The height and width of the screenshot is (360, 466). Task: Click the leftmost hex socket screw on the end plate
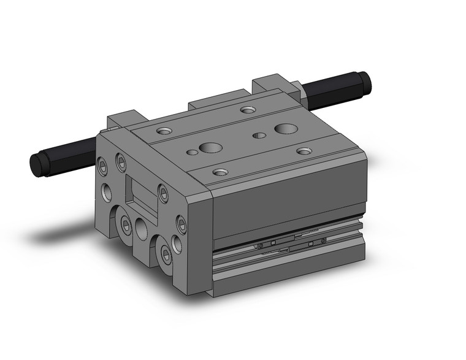[x=102, y=164]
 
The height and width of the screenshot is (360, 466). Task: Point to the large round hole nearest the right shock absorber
[x=285, y=128]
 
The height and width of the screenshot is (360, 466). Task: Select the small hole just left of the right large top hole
[x=260, y=134]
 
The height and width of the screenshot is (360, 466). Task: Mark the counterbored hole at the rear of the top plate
[x=247, y=110]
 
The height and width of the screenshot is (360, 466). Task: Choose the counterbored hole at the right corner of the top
[x=304, y=151]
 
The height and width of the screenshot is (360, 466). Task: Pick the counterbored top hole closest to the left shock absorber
[x=164, y=131]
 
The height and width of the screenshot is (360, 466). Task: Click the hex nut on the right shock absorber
[x=301, y=93]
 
